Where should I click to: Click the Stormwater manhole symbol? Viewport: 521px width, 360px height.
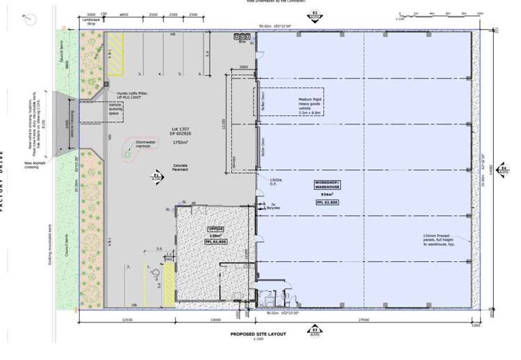[129, 154]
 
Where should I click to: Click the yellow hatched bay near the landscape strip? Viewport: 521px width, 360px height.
[116, 56]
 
